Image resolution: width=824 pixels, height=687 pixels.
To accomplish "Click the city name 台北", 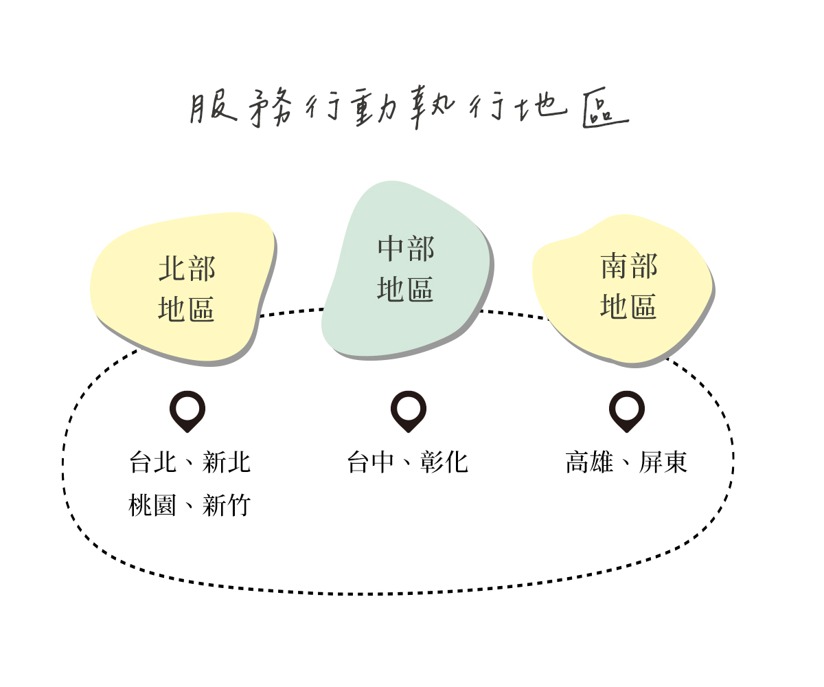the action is [x=152, y=462].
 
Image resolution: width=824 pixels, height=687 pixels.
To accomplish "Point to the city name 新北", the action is [x=226, y=462].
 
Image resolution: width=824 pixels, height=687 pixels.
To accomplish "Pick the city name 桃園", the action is [x=152, y=505].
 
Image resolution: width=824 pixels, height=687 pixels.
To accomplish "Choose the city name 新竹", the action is [x=226, y=505].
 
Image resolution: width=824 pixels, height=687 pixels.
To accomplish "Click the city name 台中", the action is [x=371, y=462].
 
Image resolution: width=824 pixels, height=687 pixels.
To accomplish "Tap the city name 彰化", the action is [x=444, y=462].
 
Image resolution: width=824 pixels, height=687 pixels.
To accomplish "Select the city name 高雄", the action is [x=589, y=462].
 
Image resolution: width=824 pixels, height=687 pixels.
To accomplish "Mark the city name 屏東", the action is [x=663, y=462].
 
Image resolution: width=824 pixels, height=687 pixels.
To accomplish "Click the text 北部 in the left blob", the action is [x=187, y=269].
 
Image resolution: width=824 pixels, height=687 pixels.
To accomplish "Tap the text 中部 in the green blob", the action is [x=406, y=249].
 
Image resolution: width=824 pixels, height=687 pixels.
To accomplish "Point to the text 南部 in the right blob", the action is [x=629, y=266].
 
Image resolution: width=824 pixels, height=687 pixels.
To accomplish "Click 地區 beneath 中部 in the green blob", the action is [x=405, y=289].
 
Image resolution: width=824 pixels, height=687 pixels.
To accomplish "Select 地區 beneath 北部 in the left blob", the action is [x=186, y=308].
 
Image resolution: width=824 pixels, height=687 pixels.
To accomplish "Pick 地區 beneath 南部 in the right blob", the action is [x=629, y=306].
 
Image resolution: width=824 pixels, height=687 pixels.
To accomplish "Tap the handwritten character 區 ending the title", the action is [x=606, y=107].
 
